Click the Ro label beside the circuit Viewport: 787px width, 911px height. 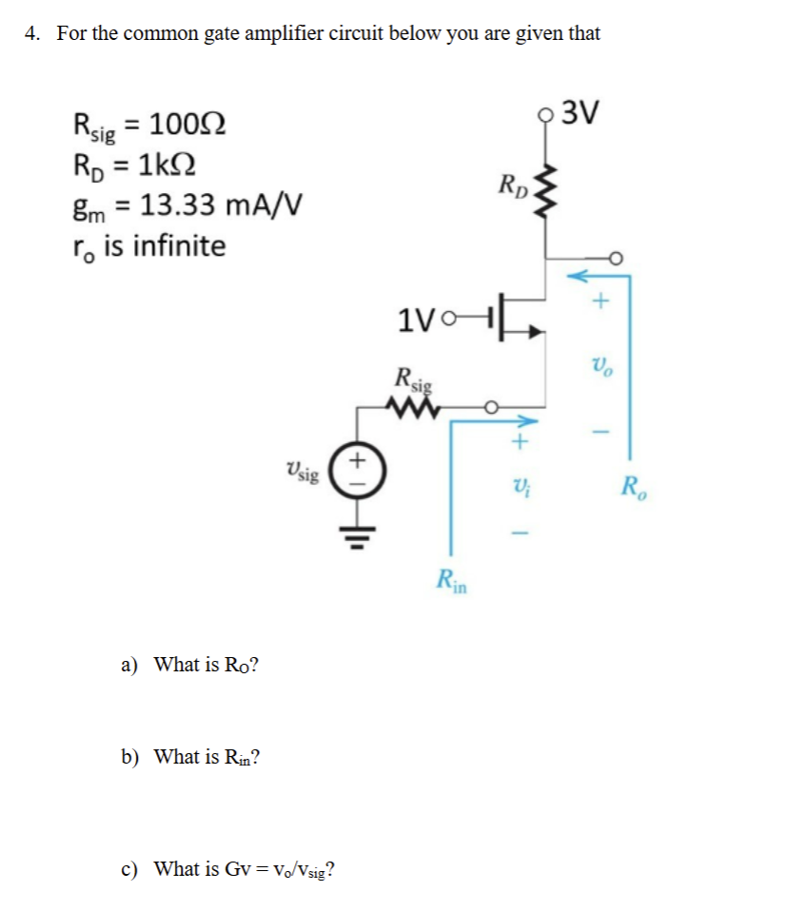[x=632, y=490]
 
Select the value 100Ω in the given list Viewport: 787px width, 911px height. [x=188, y=125]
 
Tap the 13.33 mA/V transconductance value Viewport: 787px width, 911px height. [x=225, y=204]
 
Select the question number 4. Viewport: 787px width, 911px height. [x=33, y=34]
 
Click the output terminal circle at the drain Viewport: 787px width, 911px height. [x=617, y=257]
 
